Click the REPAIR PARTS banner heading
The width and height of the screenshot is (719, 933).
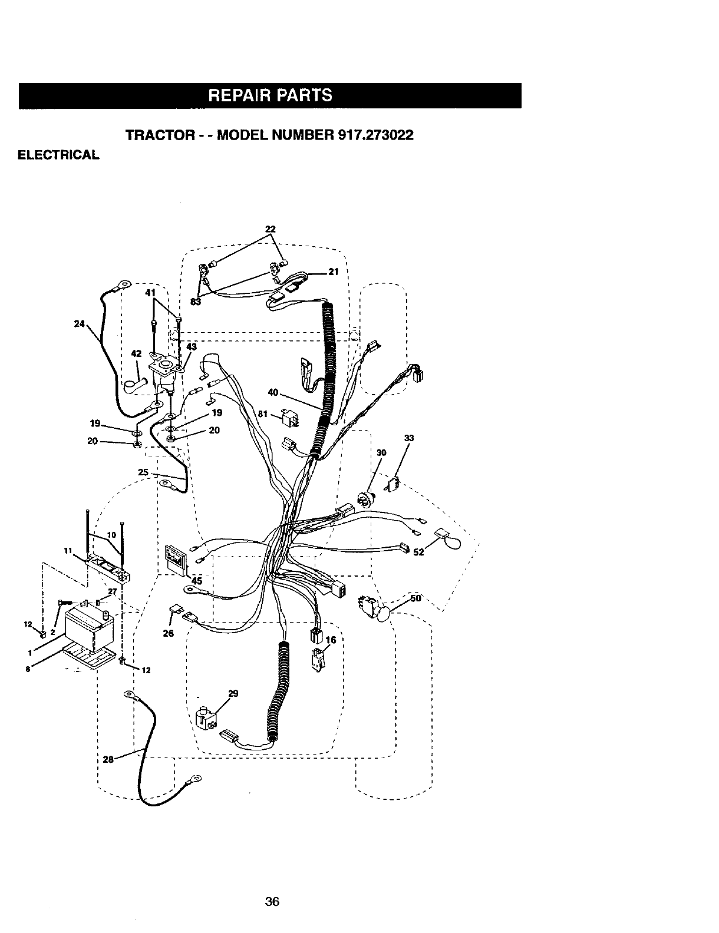point(271,95)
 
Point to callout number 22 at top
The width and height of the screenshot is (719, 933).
point(271,229)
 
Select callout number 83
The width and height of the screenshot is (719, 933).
point(196,302)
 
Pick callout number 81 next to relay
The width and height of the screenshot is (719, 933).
point(263,414)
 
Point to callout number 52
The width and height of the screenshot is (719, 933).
point(418,552)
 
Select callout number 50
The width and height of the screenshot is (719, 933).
point(416,598)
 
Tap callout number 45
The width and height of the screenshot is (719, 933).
point(196,581)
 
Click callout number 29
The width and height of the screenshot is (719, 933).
point(233,693)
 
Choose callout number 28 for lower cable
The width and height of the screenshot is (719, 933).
point(108,759)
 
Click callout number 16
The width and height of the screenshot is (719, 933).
point(330,640)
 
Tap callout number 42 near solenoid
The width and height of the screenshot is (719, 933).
point(136,354)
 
